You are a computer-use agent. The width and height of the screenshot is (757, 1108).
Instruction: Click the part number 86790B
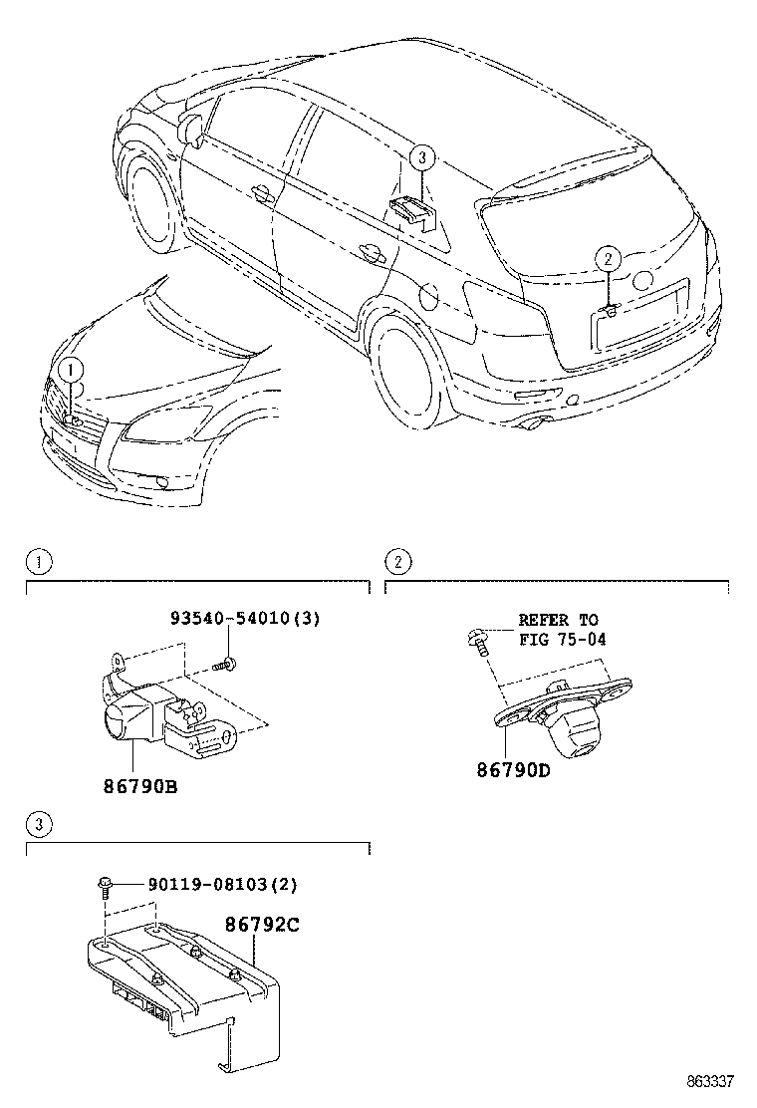140,786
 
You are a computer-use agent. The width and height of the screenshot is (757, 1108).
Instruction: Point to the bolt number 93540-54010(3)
244,619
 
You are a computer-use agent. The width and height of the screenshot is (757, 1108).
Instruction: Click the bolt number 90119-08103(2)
222,884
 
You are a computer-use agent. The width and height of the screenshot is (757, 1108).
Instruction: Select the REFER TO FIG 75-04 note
562,630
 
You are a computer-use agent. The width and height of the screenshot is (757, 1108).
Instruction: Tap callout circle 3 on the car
421,156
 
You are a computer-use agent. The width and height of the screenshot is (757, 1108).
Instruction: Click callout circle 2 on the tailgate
608,259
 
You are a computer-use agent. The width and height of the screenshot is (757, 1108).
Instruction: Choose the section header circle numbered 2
396,562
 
